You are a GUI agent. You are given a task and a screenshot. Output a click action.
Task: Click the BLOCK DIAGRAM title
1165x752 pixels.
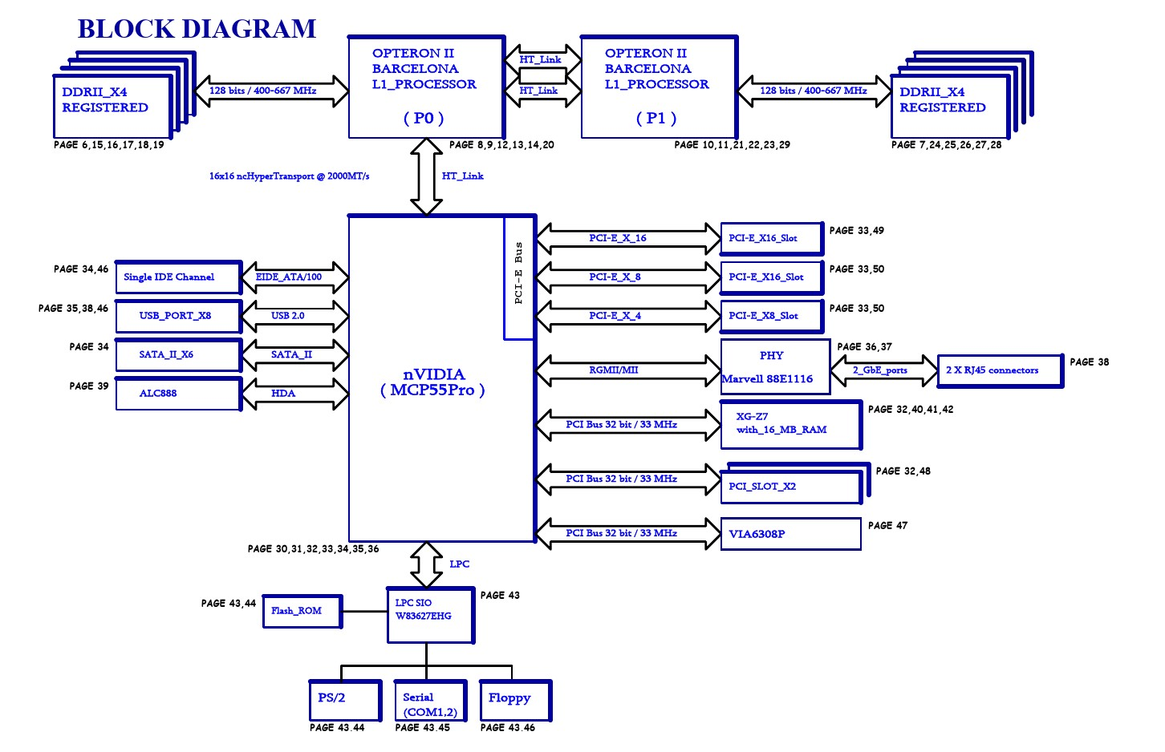(x=197, y=29)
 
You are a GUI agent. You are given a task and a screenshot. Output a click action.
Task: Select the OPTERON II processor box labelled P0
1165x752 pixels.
(x=425, y=87)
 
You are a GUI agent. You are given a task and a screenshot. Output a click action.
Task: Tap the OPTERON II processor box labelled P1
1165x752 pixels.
(x=658, y=87)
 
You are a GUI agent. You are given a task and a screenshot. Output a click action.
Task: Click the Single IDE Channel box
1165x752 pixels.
(x=177, y=277)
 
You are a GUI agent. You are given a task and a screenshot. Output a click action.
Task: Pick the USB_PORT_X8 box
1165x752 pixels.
(x=177, y=316)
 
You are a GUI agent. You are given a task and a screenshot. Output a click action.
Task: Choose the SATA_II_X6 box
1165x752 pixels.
(x=177, y=354)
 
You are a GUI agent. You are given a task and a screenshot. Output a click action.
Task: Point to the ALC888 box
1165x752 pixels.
(x=177, y=394)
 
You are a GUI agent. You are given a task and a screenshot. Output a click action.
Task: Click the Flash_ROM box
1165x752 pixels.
(x=302, y=611)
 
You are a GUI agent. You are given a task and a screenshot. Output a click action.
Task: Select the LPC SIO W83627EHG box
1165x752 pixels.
(x=429, y=615)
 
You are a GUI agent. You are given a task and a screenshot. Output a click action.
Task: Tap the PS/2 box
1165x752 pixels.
(x=344, y=701)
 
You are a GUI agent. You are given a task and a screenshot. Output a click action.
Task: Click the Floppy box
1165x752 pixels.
(x=514, y=701)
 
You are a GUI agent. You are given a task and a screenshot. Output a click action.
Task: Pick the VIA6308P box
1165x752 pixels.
(x=790, y=534)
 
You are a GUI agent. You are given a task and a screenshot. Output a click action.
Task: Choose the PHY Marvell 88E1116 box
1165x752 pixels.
(x=774, y=367)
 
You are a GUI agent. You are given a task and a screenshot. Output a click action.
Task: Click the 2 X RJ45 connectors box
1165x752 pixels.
(x=999, y=370)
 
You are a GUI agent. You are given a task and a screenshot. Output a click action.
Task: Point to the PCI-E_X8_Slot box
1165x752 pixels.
(x=770, y=316)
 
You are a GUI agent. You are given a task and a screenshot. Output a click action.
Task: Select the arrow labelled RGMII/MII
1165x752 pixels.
(x=628, y=370)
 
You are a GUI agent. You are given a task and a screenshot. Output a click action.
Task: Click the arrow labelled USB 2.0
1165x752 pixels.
(x=295, y=316)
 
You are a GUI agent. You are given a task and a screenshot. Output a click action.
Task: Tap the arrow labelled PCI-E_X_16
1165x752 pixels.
(x=628, y=238)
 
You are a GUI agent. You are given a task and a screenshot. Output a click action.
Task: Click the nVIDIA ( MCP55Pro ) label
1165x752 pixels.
(x=433, y=382)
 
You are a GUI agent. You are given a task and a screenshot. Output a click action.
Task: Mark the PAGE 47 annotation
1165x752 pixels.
(x=887, y=526)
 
